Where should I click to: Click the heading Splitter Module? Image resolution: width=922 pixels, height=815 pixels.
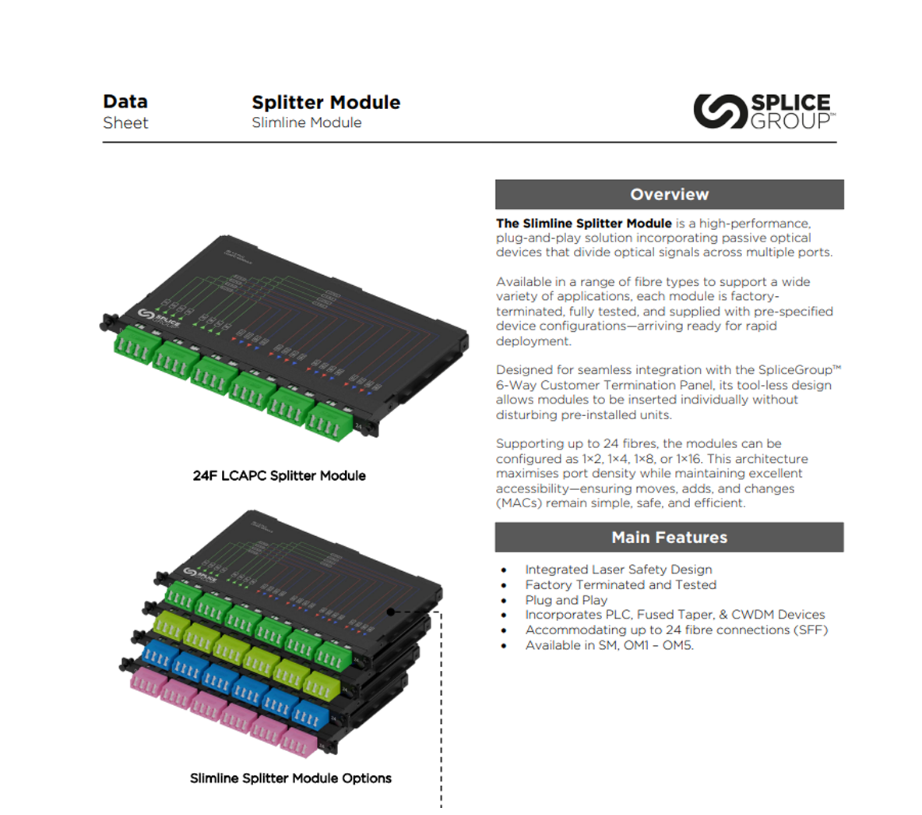coord(326,102)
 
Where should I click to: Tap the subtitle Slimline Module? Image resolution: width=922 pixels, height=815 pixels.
coord(306,122)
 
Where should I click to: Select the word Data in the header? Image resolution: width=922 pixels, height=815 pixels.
coord(125,101)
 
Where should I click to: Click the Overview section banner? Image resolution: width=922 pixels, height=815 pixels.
coord(669,194)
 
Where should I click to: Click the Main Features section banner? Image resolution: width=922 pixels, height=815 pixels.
coord(669,537)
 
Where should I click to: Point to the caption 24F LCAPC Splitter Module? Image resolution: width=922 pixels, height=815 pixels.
coord(279,475)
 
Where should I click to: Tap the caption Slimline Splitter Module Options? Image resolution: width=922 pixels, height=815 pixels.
coord(290,778)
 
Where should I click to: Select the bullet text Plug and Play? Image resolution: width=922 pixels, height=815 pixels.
coord(565,600)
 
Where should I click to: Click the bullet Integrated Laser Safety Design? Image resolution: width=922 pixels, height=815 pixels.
coord(618,570)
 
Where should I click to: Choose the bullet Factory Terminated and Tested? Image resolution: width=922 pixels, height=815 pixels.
coord(620,584)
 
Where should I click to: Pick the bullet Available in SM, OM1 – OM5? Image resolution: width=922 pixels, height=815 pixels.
coord(609,645)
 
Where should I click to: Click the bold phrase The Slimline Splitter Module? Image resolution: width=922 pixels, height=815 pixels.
coord(583,223)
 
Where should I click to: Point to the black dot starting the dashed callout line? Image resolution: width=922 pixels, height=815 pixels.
coord(391,612)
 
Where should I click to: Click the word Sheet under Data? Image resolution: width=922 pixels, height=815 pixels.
coord(125,122)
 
